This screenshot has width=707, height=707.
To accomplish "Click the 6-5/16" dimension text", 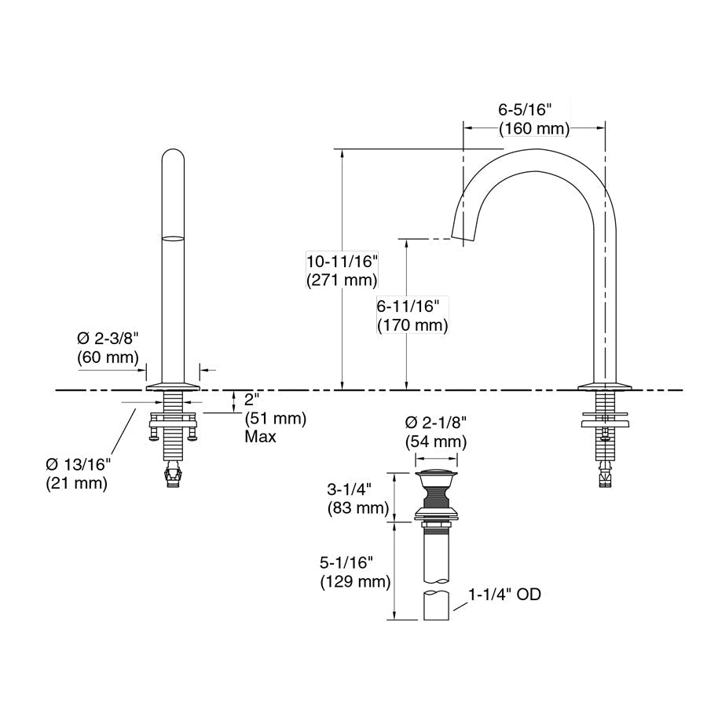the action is [525, 109].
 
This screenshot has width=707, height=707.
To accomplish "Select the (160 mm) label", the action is [534, 129].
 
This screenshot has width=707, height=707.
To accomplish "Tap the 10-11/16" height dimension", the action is [342, 261].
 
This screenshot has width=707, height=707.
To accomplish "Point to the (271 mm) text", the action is [342, 280].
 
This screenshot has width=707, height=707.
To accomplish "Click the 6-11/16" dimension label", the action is [408, 306].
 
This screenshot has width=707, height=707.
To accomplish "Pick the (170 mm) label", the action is [412, 325].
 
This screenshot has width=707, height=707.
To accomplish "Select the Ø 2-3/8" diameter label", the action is [108, 338].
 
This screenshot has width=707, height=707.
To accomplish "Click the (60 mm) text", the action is [108, 357].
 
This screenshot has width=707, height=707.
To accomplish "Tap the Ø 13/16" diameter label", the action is [78, 464].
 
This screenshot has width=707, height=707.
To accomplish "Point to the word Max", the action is [260, 437].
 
